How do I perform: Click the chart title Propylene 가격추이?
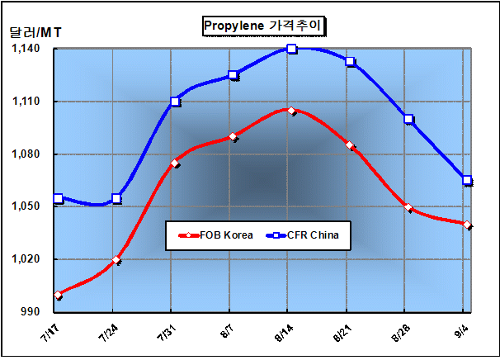[x=263, y=26]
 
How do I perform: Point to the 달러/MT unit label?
[x=35, y=33]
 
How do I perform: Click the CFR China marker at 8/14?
[x=292, y=49]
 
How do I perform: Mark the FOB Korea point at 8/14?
[x=292, y=110]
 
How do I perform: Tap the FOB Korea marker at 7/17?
[x=58, y=295]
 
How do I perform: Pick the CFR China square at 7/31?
[x=175, y=102]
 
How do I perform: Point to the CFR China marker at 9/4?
[x=467, y=180]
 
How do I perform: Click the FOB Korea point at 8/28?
[x=408, y=207]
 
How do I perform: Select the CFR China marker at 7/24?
[x=116, y=198]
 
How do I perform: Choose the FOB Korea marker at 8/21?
[x=350, y=145]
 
